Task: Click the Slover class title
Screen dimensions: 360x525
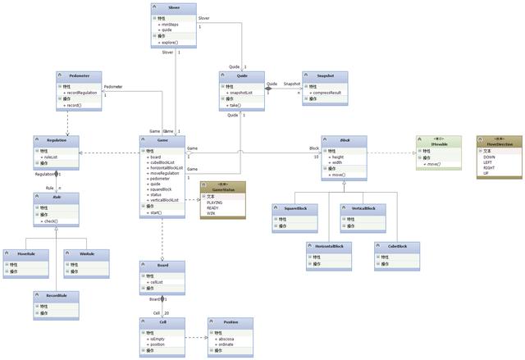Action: [173, 7]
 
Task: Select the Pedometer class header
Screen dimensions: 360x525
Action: [79, 75]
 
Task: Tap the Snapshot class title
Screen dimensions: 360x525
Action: [326, 75]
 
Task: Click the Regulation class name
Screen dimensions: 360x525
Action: [56, 141]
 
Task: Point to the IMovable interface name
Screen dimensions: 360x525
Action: [439, 143]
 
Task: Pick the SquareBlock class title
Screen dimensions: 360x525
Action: [294, 208]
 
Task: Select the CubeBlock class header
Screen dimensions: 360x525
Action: [396, 246]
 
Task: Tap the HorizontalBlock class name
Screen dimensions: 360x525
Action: [328, 246]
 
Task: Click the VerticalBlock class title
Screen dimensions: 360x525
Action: [363, 208]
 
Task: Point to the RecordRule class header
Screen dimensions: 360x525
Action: [56, 295]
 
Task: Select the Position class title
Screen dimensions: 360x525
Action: [230, 322]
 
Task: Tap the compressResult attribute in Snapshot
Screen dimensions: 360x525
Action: [328, 93]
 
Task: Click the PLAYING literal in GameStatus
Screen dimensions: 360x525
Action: [215, 202]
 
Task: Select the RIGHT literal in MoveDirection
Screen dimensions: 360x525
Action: [490, 167]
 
